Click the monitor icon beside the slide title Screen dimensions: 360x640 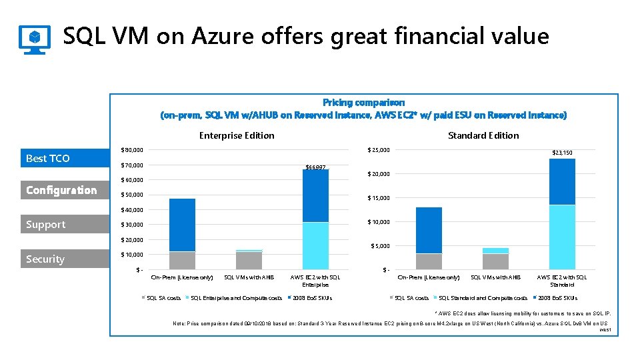(34, 39)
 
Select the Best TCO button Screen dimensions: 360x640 (64, 159)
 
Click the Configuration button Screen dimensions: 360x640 (64, 191)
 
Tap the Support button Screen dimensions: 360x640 (64, 225)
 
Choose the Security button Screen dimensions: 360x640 (64, 259)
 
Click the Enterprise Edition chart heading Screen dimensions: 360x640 (237, 135)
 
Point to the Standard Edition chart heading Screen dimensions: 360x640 (483, 135)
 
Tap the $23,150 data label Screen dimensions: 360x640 (561, 153)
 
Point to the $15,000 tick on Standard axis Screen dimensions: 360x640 (378, 198)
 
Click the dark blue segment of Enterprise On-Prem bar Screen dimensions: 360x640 (182, 225)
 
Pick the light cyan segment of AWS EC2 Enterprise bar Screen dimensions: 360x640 (315, 245)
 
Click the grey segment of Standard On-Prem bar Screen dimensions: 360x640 (429, 261)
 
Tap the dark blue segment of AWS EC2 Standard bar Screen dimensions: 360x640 (561, 181)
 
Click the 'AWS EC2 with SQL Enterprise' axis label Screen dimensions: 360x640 (315, 280)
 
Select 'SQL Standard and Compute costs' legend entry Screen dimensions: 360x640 (483, 298)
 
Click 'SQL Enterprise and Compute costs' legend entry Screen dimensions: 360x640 (236, 298)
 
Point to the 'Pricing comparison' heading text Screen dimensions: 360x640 (363, 103)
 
